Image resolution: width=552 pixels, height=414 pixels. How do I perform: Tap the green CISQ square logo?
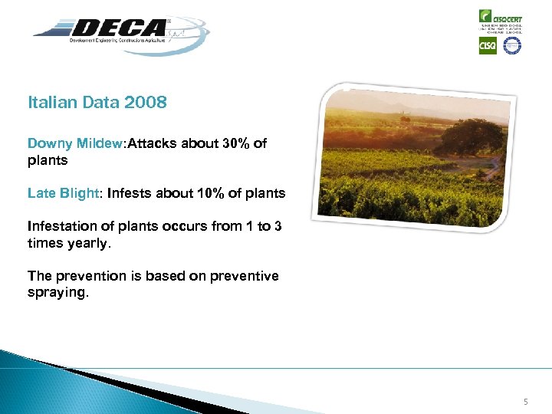click(x=488, y=46)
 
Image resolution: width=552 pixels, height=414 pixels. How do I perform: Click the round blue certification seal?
click(x=511, y=46)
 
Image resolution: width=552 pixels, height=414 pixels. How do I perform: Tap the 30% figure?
click(x=235, y=143)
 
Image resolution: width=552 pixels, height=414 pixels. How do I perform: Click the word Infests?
click(x=129, y=193)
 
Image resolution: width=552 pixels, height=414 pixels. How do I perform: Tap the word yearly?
click(x=89, y=242)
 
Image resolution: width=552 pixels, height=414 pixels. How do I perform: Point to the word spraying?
click(x=58, y=292)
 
